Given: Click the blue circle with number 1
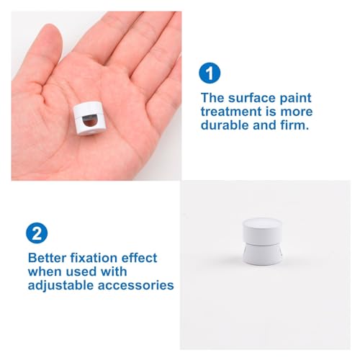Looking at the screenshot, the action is [x=210, y=73].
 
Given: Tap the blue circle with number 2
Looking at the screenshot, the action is [x=37, y=233].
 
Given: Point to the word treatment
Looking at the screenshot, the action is [x=231, y=112].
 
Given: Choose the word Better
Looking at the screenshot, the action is [x=47, y=258].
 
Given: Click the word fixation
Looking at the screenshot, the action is [x=94, y=258].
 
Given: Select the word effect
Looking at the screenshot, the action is [x=139, y=258].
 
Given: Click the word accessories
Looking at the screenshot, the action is [x=136, y=286].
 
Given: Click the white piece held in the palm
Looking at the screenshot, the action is [x=88, y=118].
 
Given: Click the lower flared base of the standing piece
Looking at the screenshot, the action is [x=263, y=254].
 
